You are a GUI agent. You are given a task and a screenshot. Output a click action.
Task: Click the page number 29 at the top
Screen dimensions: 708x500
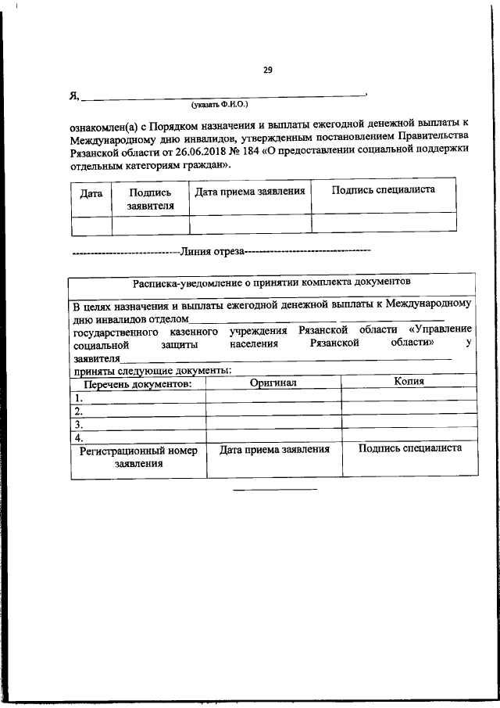(267, 70)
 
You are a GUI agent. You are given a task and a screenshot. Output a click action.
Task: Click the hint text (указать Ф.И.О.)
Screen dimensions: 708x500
(223, 103)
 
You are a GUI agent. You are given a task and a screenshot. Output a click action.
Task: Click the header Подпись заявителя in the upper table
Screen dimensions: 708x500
(150, 199)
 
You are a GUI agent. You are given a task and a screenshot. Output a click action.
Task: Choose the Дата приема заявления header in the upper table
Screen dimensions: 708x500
(249, 191)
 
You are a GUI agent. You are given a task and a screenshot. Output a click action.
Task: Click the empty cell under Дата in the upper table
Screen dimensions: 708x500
(91, 224)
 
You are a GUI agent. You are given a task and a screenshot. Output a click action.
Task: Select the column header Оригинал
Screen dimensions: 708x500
(273, 383)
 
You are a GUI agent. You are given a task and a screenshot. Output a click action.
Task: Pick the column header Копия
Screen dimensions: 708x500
(409, 382)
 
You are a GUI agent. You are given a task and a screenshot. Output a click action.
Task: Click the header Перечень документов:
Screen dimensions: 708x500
(137, 384)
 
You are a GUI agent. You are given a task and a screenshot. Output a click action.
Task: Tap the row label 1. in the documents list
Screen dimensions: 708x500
(79, 397)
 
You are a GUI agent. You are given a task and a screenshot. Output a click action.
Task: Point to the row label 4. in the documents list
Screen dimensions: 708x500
(79, 437)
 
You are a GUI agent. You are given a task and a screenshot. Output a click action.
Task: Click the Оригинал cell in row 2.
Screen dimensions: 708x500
(273, 411)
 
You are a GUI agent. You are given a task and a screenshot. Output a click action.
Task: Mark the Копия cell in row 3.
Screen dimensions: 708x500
(409, 424)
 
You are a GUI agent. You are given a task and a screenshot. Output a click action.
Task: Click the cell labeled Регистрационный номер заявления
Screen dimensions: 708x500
(137, 458)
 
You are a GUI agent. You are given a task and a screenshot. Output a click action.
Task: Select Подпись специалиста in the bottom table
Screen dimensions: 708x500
(409, 449)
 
